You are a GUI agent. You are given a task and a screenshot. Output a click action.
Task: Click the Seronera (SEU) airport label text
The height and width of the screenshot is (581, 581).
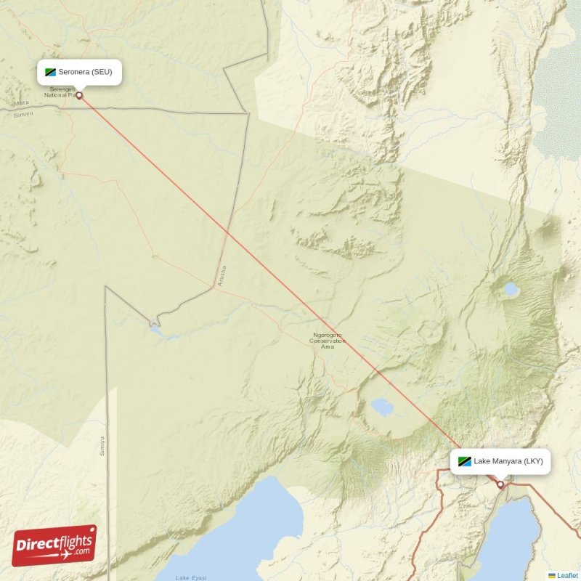point(86,73)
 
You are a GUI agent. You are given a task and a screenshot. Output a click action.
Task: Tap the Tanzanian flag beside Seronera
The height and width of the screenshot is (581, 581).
point(51,73)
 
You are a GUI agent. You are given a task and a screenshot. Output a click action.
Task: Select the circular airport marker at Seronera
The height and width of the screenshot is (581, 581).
point(79,94)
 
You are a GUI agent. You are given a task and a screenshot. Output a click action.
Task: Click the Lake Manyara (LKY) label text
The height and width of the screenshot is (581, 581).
point(508,461)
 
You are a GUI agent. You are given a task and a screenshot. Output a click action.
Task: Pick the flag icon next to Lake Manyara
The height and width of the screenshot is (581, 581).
point(463,461)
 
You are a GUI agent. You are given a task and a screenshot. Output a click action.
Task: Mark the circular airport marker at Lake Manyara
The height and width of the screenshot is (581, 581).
point(500,484)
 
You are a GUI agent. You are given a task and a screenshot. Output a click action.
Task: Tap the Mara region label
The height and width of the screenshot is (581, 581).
point(22,103)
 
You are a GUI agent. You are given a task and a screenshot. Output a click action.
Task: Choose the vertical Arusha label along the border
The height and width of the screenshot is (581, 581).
point(222,276)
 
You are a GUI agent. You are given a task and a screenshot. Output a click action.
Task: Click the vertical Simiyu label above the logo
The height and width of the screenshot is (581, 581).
point(102,445)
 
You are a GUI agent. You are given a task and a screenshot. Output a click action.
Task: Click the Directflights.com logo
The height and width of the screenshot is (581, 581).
point(54,545)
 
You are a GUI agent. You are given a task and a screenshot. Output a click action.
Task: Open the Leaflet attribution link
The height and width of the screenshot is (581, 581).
point(567,575)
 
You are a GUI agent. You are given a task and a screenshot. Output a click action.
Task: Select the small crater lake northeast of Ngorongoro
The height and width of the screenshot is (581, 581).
point(511,290)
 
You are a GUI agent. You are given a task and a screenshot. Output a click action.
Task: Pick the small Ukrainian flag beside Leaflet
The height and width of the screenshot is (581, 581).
point(552,575)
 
